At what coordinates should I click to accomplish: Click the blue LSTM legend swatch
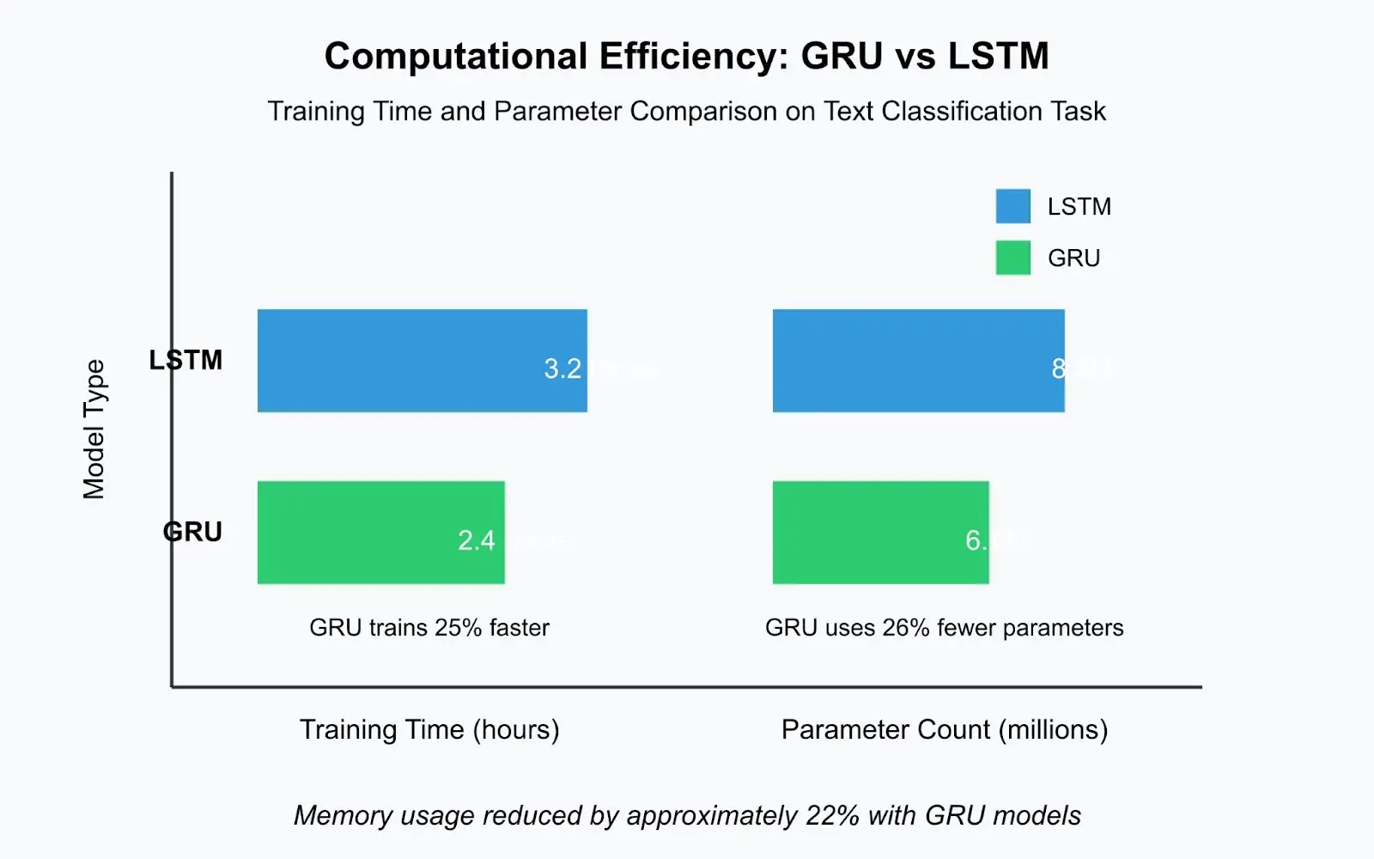(x=1012, y=206)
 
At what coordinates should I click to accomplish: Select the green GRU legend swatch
(x=1012, y=258)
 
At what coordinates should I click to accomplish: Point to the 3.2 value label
(x=562, y=369)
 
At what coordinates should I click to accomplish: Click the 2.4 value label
(x=477, y=541)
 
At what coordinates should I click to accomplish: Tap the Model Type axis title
(x=94, y=429)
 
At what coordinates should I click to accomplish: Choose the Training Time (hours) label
(x=429, y=730)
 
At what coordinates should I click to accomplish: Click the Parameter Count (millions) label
(x=945, y=730)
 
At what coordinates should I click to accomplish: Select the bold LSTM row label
(x=185, y=360)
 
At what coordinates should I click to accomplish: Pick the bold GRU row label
(x=192, y=532)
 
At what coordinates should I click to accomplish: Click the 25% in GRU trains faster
(x=458, y=628)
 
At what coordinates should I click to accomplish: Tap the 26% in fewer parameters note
(x=906, y=628)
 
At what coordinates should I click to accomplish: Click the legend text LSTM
(x=1079, y=207)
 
